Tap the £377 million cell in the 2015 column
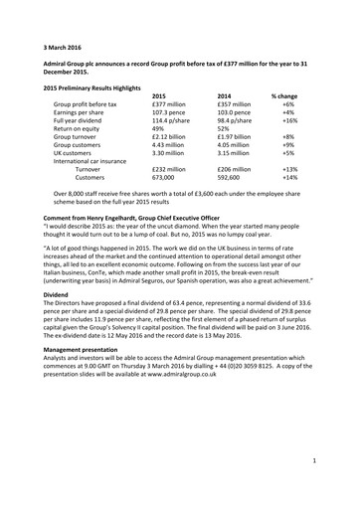(170, 103)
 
